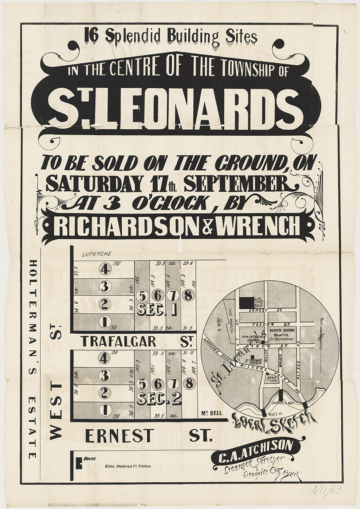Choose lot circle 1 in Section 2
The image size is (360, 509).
point(104,410)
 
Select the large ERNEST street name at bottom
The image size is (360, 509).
point(120,436)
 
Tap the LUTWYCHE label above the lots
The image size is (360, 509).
point(98,254)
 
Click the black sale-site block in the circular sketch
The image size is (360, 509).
point(246,302)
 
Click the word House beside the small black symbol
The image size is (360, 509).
point(89,459)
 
